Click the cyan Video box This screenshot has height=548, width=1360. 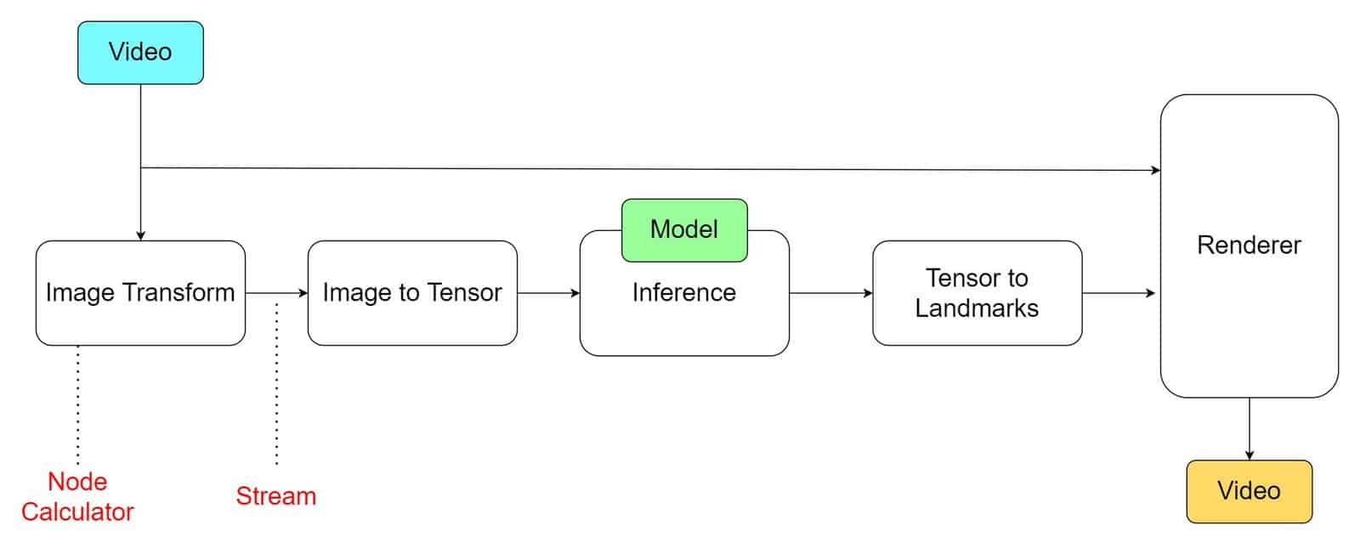coord(140,53)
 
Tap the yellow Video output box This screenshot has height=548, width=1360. coord(1249,491)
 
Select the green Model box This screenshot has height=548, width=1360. coord(684,230)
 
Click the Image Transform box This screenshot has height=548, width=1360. coord(140,293)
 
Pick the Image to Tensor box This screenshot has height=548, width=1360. coord(412,293)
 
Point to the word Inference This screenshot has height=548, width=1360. coord(684,292)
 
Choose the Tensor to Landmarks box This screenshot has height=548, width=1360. coord(977,293)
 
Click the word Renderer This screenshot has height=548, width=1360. coord(1249,246)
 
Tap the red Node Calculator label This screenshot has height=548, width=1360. coord(77,496)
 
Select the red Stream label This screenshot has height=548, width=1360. coord(276,496)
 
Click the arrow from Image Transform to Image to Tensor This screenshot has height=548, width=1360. coord(276,293)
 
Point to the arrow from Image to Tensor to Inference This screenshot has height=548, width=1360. coord(548,293)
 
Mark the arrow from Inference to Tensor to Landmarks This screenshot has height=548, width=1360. coord(830,293)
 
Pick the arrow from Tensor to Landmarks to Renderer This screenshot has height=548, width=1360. coord(1119,293)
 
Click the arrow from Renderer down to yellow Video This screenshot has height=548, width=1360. coord(1249,429)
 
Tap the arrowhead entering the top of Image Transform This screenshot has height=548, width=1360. coord(140,236)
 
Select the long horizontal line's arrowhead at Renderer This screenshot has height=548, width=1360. coord(1156,171)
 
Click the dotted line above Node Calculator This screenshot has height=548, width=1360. coord(77,404)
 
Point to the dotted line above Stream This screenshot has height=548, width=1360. coord(277,383)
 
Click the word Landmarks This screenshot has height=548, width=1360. coord(977,308)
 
